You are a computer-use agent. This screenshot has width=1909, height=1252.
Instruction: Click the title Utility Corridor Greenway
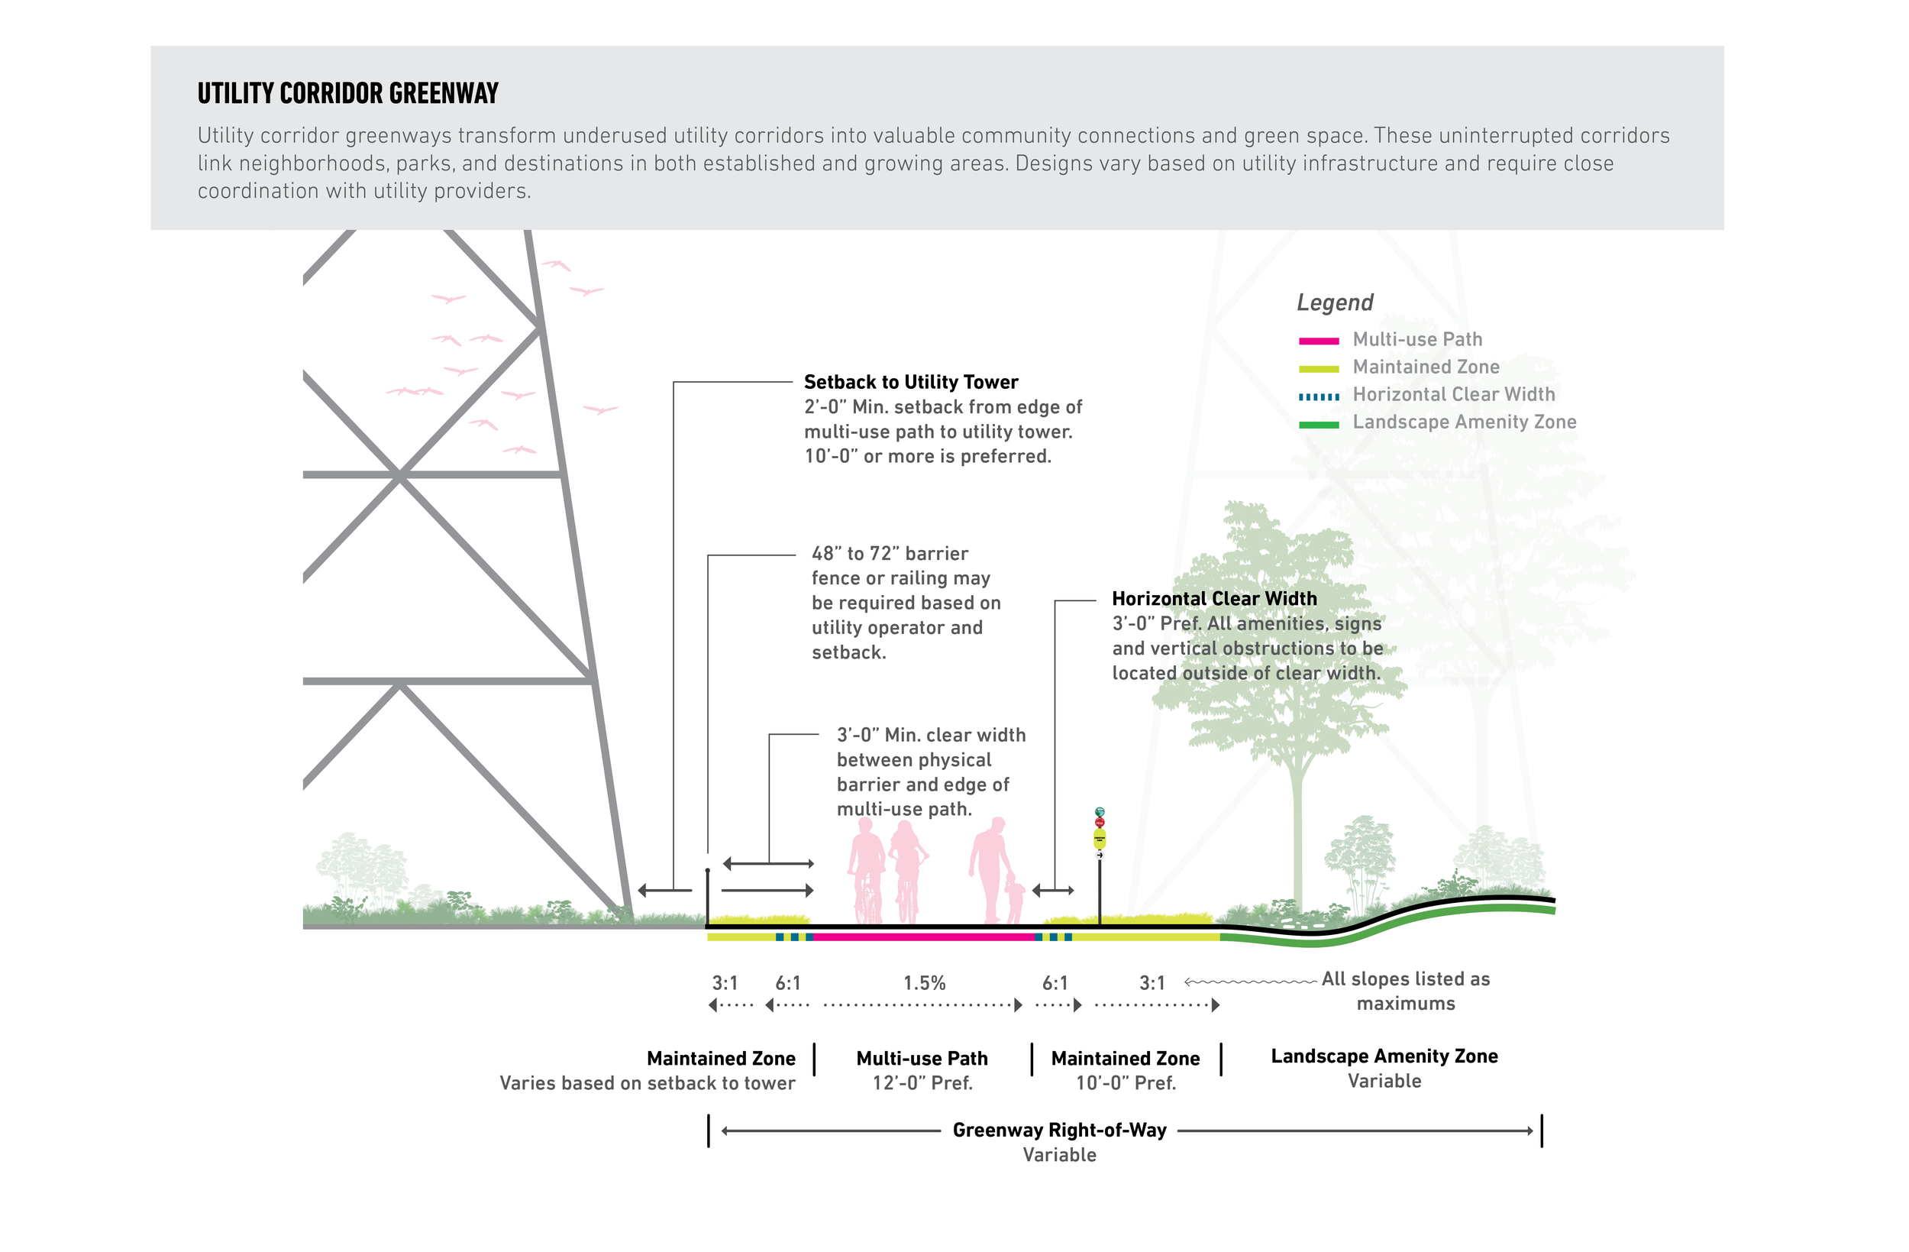tap(348, 93)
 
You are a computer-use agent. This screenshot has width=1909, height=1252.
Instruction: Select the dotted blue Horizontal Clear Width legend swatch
tap(1319, 396)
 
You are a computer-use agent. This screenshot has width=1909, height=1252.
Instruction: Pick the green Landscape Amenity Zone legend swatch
tap(1319, 425)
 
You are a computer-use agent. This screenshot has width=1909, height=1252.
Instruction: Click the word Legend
tap(1335, 302)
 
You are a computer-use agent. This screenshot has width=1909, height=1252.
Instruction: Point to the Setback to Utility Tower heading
tap(910, 382)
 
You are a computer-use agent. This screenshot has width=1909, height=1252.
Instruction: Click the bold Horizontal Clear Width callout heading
tap(1214, 599)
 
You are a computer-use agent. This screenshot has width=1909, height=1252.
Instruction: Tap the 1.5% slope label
tap(924, 983)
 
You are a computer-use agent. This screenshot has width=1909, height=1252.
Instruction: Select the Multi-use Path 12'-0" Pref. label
tap(922, 1071)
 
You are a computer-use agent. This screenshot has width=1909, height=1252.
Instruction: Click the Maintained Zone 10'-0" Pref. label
tap(1126, 1071)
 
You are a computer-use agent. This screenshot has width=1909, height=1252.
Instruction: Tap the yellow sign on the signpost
tap(1100, 839)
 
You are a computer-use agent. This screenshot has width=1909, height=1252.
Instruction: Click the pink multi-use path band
tap(923, 937)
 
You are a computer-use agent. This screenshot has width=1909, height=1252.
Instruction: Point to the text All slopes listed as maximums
tap(1405, 992)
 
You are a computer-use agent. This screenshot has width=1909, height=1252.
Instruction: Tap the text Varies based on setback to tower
tap(648, 1083)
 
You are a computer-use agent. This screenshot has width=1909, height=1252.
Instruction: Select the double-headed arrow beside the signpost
tap(1053, 890)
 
